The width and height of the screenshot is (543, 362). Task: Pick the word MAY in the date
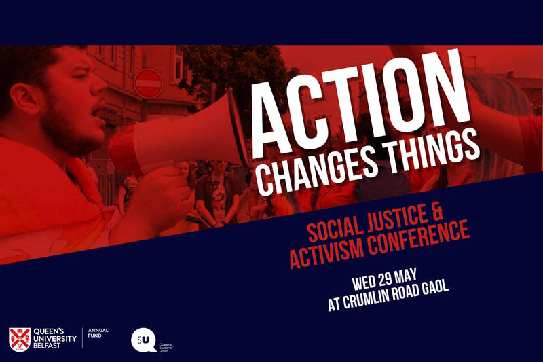tap(406, 277)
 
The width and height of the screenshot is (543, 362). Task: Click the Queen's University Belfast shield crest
tap(20, 340)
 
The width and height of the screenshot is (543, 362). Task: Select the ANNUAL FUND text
tap(98, 333)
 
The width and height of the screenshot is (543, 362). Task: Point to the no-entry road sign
tap(148, 84)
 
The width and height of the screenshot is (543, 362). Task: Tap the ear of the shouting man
tap(22, 99)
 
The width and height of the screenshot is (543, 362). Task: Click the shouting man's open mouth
tap(97, 111)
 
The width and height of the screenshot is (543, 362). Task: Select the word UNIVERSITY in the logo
tap(55, 338)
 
